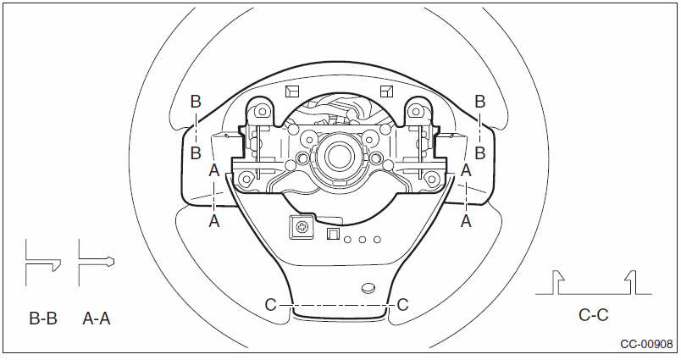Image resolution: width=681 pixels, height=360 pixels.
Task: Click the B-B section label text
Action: coord(43,318)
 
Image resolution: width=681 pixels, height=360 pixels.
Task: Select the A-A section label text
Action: coord(97,318)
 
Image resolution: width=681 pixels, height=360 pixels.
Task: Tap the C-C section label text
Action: coord(593,315)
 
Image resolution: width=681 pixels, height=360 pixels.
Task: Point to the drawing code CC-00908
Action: coord(646,345)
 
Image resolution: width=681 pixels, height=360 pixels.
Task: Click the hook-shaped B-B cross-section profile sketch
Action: coord(42,263)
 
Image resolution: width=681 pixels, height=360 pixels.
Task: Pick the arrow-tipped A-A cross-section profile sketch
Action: coord(96,262)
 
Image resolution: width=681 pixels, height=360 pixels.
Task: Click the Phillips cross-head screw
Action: coord(302,226)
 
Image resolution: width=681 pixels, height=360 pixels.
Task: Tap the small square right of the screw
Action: coord(333,234)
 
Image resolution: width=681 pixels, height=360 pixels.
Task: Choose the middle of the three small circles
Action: coord(363,240)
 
